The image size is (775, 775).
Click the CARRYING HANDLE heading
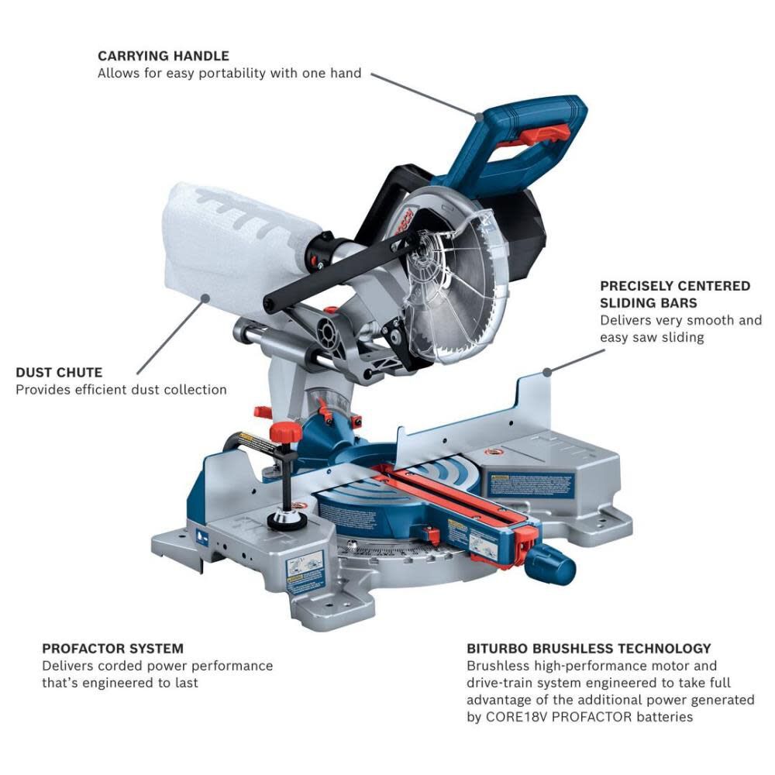(x=163, y=56)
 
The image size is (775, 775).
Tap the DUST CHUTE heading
(x=59, y=373)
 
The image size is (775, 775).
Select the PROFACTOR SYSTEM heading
(x=112, y=648)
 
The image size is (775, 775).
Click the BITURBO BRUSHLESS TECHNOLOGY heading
(x=588, y=648)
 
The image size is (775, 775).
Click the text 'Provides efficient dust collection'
(x=121, y=389)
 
